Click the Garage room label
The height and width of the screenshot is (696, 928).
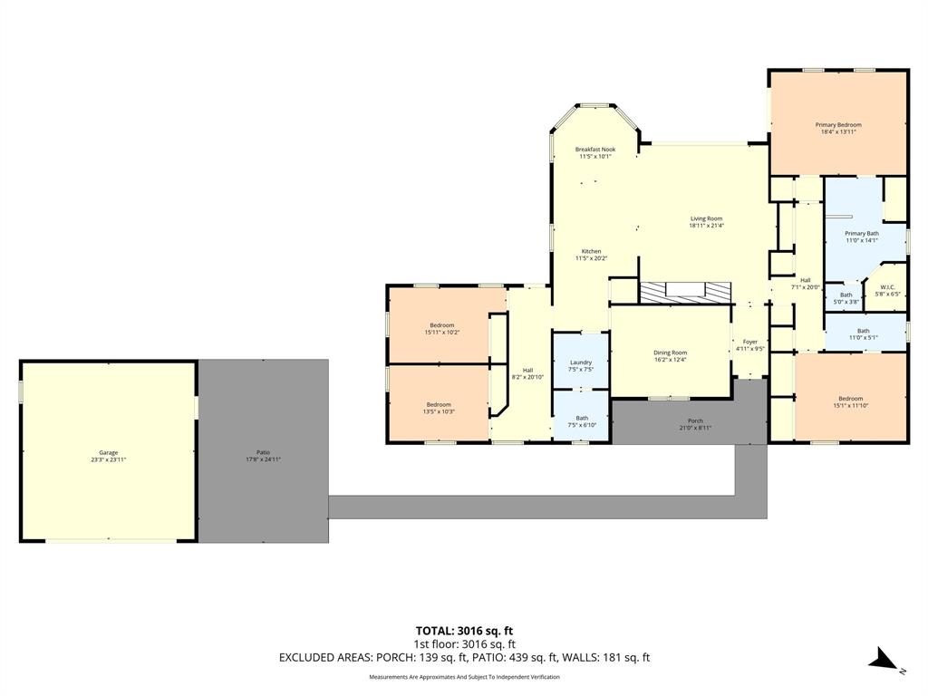(x=109, y=453)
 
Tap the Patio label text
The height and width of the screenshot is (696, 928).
(x=263, y=453)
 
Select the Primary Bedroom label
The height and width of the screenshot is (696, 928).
(x=837, y=125)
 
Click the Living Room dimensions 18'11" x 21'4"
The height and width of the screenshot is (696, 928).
(x=706, y=226)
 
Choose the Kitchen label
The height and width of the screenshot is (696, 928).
(x=591, y=252)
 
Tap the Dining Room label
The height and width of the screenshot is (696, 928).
(x=671, y=353)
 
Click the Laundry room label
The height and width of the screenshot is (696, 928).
(x=581, y=362)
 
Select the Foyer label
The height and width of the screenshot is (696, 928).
(x=749, y=343)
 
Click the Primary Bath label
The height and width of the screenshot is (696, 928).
(x=862, y=234)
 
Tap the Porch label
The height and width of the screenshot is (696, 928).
(x=695, y=420)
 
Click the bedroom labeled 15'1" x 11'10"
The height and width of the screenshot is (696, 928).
(x=850, y=400)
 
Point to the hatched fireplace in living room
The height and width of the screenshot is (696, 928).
(x=684, y=291)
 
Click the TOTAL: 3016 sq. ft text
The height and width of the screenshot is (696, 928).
(x=463, y=631)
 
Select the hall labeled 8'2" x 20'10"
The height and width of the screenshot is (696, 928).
(x=527, y=371)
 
